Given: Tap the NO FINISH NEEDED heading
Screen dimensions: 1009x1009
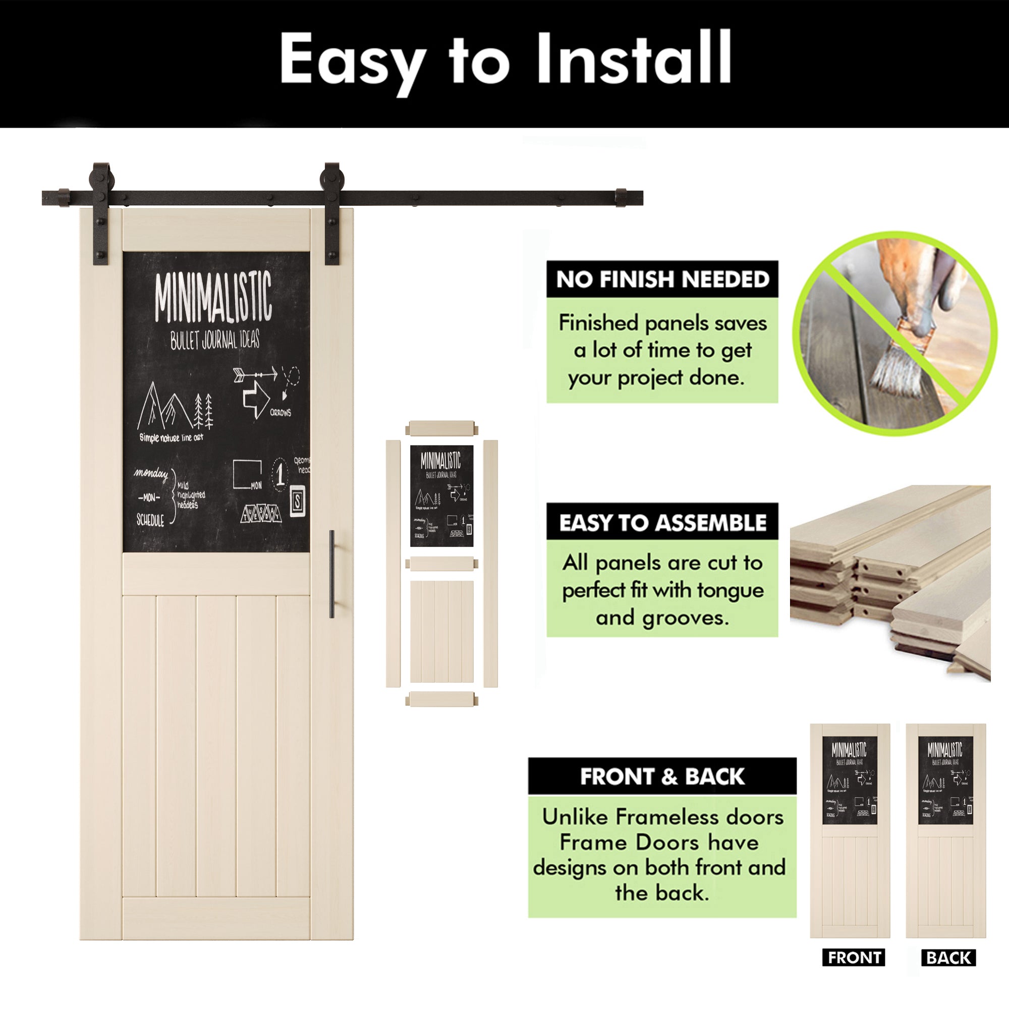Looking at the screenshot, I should pos(662,279).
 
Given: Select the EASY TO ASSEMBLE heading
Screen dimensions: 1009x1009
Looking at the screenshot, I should pos(662,522).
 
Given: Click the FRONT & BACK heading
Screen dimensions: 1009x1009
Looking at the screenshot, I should pos(662,776).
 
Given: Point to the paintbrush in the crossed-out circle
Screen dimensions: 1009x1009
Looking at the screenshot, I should pos(899,355).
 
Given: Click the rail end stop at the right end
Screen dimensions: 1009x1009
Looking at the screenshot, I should pos(621,197).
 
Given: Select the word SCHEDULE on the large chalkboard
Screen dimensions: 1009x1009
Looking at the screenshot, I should pos(150,520).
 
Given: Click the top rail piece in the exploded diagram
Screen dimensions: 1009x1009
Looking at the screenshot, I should pos(442,428).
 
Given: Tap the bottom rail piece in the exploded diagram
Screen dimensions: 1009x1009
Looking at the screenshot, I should pos(442,699).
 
